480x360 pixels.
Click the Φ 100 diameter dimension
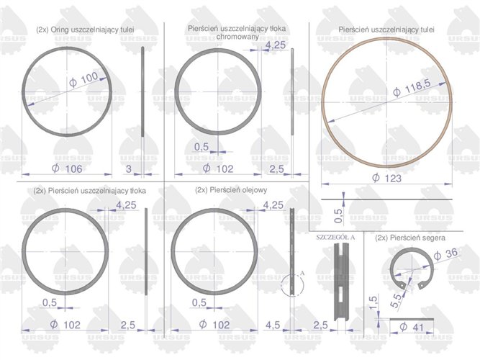[84, 79]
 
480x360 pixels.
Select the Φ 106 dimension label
[67, 168]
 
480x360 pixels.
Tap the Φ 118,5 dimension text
[412, 88]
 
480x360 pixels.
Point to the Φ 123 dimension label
[386, 178]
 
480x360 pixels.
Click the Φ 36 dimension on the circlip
[445, 254]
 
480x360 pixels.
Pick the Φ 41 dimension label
[412, 327]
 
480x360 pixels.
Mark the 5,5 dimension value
[396, 300]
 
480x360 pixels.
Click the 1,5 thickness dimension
[373, 302]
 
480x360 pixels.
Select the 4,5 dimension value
[273, 325]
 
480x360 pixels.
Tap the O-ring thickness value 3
[129, 168]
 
